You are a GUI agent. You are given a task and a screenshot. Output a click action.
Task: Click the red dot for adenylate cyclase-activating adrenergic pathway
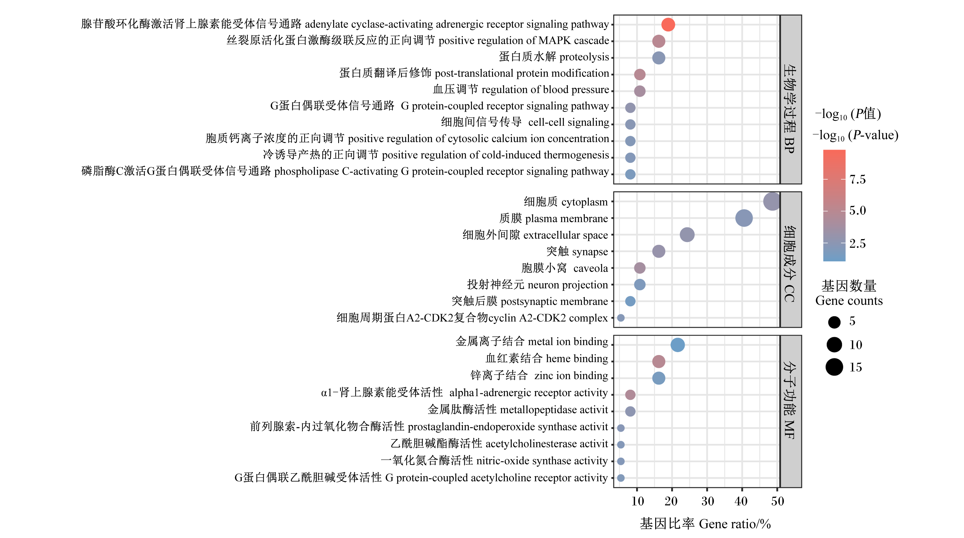click(668, 25)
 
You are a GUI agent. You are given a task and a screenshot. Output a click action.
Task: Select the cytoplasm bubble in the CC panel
click(772, 202)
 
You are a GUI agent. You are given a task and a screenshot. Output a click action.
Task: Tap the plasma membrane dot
click(744, 218)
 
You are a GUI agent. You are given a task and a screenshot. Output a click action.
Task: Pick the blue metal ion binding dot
click(677, 345)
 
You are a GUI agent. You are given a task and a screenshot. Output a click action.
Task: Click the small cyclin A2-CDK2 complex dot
click(620, 318)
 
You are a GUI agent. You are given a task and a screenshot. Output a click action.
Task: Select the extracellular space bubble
click(687, 235)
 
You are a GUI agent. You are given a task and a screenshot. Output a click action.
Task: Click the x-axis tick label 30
click(707, 501)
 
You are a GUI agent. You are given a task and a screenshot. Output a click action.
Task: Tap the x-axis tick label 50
click(777, 501)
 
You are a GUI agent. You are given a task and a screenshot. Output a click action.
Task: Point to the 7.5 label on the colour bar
click(857, 180)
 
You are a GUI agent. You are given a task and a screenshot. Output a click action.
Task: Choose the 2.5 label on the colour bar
click(857, 244)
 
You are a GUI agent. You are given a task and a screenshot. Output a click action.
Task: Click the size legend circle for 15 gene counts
click(834, 367)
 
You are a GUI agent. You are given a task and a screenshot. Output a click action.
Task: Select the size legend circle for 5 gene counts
click(834, 322)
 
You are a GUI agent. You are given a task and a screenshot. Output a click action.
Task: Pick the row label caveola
click(590, 268)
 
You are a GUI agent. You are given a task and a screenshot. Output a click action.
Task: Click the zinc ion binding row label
click(539, 375)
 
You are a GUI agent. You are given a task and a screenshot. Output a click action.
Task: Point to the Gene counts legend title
click(849, 301)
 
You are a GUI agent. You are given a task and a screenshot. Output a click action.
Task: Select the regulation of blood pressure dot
click(640, 91)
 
